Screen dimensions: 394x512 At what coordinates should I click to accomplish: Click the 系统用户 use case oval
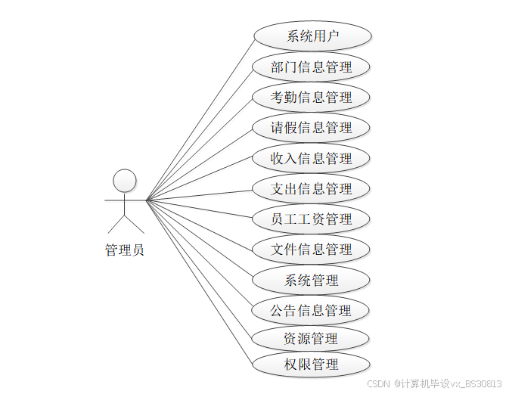point(312,36)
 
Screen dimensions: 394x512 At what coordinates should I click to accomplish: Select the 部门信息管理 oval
point(312,67)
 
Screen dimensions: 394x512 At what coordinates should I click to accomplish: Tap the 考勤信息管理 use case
point(312,97)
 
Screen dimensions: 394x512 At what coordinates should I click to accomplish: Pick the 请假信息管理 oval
point(312,128)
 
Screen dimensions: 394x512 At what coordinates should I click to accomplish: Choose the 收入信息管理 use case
point(312,158)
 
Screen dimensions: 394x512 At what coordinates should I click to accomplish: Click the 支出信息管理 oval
point(312,188)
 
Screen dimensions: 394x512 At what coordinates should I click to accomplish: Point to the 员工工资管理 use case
point(312,219)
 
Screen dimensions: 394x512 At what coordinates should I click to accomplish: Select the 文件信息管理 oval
point(312,249)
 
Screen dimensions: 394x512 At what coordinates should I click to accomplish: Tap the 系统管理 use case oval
point(312,280)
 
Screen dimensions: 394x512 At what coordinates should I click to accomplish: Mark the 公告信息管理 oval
point(312,310)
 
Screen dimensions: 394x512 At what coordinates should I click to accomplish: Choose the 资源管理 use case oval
point(312,338)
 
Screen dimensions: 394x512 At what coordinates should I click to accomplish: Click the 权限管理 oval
point(312,365)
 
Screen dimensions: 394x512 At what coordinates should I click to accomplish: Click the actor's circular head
point(124,181)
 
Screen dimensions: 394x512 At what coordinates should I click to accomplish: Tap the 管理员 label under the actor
point(124,250)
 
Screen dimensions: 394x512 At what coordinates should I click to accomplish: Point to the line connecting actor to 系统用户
point(200,119)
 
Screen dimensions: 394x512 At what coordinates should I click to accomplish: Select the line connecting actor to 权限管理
point(200,282)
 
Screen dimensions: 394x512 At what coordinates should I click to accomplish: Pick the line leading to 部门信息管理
point(200,134)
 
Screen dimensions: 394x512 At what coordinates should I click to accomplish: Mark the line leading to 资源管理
point(200,269)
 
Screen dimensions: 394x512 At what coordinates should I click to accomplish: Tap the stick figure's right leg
point(134,222)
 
